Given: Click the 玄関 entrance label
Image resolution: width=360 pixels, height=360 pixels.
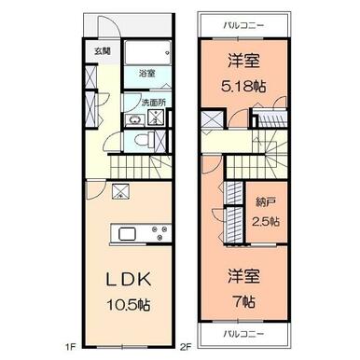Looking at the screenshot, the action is pos(103,51).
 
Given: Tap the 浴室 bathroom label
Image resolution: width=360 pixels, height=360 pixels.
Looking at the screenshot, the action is pos(146,74).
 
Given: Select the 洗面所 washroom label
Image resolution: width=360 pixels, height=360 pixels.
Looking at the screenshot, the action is pos(154,103).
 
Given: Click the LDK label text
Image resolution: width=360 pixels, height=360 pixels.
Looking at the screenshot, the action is pos(129,279).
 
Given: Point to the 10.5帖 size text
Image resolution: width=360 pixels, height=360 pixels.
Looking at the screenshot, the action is pos(129,305).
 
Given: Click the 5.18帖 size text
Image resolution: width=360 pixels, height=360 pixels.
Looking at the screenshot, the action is pos(243,87).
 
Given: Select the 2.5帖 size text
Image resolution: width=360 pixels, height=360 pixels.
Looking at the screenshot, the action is pos(266,222).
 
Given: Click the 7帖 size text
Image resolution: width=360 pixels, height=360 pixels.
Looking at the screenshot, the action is pos(244,301).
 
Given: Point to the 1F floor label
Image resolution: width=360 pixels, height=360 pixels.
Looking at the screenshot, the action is pos(71,347).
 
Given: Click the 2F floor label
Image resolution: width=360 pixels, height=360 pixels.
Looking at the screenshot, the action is pos(186,347).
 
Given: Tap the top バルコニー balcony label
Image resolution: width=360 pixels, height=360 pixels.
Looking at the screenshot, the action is pos(244,25).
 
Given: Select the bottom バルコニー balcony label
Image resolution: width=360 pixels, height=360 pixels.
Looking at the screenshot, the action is pos(244,334).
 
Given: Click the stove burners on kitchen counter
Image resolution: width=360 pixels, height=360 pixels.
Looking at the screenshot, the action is pos(159,232).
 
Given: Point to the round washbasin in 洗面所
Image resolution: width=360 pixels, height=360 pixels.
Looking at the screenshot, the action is pos(135,120).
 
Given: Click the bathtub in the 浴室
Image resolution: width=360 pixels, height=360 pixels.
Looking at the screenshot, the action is pos(147,53).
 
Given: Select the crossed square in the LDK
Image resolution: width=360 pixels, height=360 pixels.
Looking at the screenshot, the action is pos(120,191).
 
